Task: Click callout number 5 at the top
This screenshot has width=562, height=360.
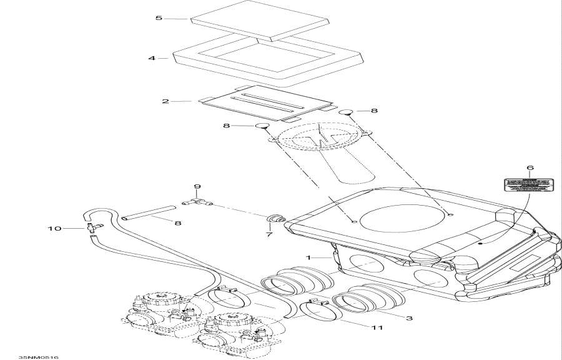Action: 159,18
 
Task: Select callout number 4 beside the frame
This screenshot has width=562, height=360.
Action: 152,58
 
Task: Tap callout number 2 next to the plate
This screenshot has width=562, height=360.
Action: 165,101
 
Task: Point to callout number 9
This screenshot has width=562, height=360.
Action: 197,186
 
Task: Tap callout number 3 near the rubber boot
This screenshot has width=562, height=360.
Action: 410,318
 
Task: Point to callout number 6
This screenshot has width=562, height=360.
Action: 530,168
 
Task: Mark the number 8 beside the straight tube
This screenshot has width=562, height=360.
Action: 178,222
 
